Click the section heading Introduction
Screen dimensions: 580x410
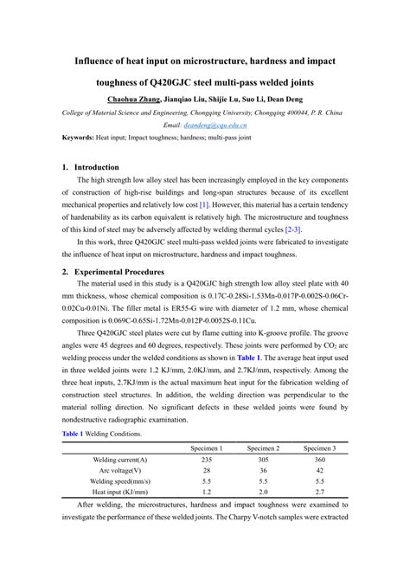97,166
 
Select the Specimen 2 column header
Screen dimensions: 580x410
262,448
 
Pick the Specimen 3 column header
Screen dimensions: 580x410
319,448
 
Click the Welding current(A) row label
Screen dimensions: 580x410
120,460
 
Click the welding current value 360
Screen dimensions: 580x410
319,460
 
